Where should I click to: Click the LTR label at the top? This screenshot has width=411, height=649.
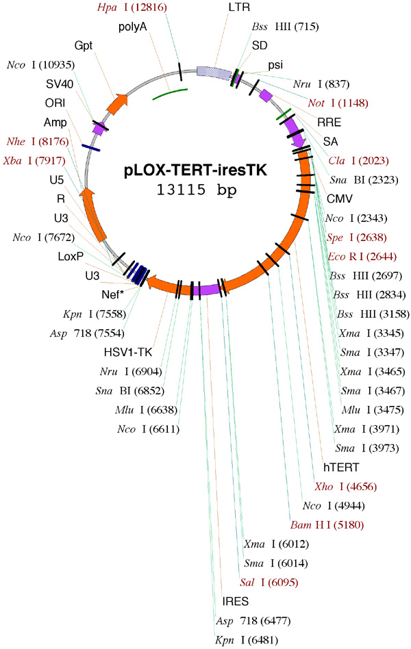(238, 8)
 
